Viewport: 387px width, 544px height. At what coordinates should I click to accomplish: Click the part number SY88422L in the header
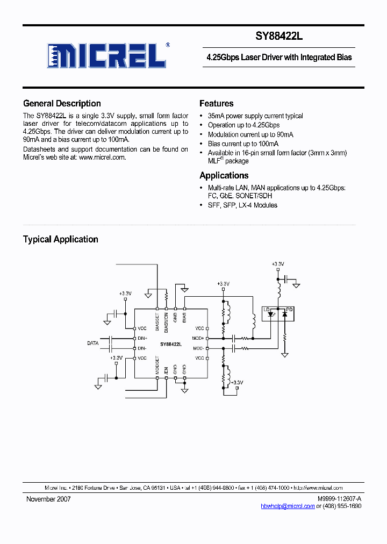(279, 37)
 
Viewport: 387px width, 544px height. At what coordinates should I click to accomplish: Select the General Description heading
(62, 104)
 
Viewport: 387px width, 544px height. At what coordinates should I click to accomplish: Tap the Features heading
(216, 104)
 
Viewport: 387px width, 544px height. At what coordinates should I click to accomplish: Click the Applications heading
(224, 175)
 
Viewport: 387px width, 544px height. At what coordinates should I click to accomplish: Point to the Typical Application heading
(60, 239)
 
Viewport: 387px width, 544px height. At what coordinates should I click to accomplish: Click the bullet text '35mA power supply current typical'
(255, 116)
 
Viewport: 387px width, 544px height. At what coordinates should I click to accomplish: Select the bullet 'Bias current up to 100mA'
(243, 144)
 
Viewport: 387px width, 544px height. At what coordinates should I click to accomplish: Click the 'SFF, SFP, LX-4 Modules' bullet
(242, 205)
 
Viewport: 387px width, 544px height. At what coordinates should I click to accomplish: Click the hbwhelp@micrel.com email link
(288, 506)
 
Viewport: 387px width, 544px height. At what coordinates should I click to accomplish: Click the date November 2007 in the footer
(48, 499)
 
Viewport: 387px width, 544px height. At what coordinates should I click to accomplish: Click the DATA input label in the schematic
(94, 342)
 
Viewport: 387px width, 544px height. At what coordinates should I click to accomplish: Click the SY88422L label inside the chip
(170, 343)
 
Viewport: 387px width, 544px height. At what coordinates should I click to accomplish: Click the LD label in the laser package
(267, 309)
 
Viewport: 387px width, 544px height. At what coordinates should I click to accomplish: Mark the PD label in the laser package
(289, 309)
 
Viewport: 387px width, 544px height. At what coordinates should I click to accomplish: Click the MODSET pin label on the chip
(157, 365)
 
